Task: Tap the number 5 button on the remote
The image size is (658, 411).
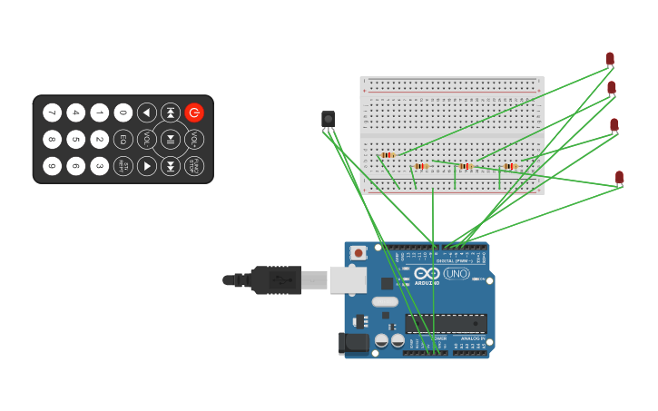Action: tap(76, 140)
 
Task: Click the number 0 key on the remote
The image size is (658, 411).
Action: tap(123, 113)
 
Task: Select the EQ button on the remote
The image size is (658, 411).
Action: tap(123, 140)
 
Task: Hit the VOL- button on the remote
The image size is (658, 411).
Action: tap(145, 140)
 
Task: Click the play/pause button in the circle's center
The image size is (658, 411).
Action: tap(170, 140)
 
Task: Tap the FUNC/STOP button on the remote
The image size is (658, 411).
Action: tap(193, 166)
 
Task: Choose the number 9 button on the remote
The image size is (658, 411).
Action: tap(53, 166)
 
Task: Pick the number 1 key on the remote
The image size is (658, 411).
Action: tap(100, 113)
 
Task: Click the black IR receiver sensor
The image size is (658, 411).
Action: tap(328, 119)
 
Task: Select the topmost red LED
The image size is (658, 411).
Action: tap(610, 59)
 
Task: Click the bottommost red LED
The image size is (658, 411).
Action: tap(619, 177)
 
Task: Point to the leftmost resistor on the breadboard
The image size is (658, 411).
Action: tap(388, 155)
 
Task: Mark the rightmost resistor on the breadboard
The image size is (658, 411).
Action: tap(510, 166)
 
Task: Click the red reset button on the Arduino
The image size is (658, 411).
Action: tap(358, 253)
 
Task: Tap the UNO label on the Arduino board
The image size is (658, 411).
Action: tap(457, 273)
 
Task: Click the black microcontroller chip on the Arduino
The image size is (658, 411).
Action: tap(446, 323)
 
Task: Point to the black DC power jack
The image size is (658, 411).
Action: tap(354, 342)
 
